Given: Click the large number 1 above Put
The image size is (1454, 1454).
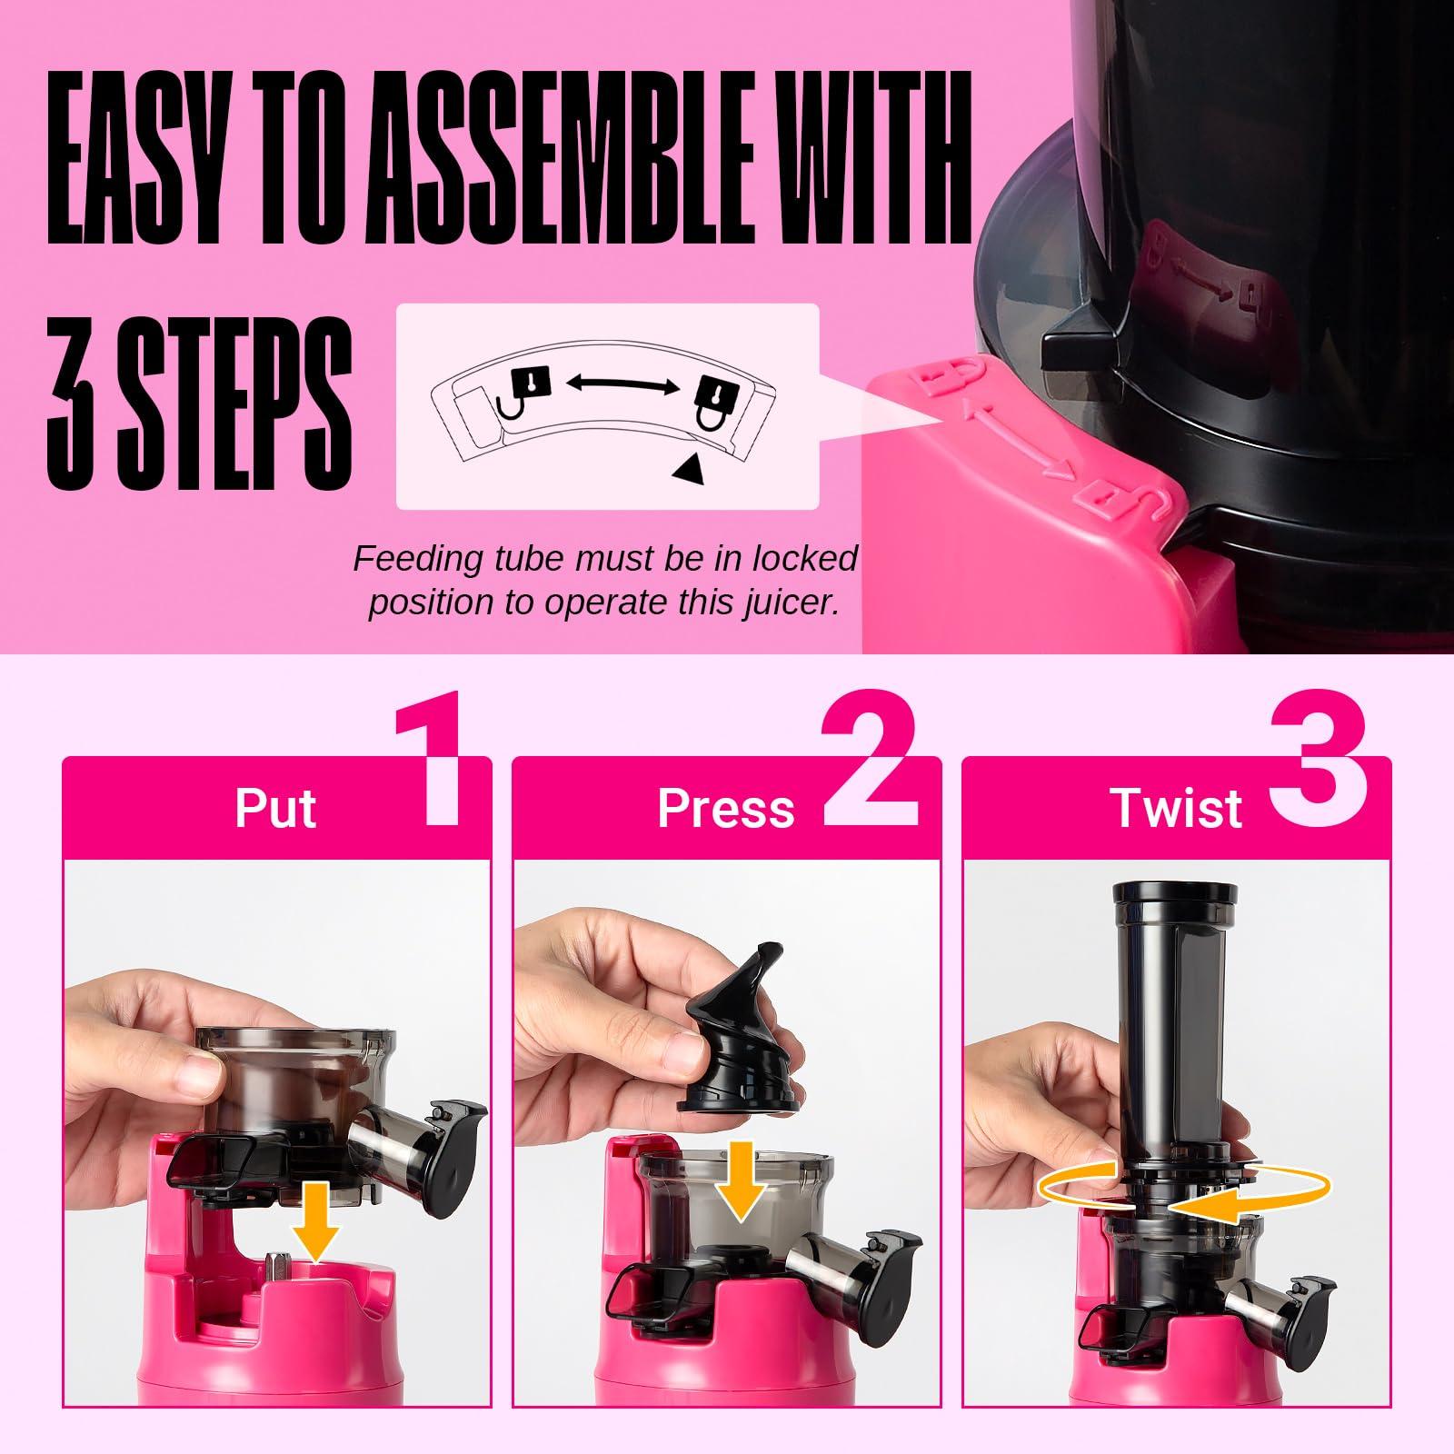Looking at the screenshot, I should pos(429,758).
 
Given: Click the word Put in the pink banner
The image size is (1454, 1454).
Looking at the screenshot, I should pos(275,807).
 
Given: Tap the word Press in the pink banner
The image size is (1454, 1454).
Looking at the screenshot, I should pos(725,807).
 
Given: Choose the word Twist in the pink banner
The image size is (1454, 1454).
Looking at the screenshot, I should pos(1175,807).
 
